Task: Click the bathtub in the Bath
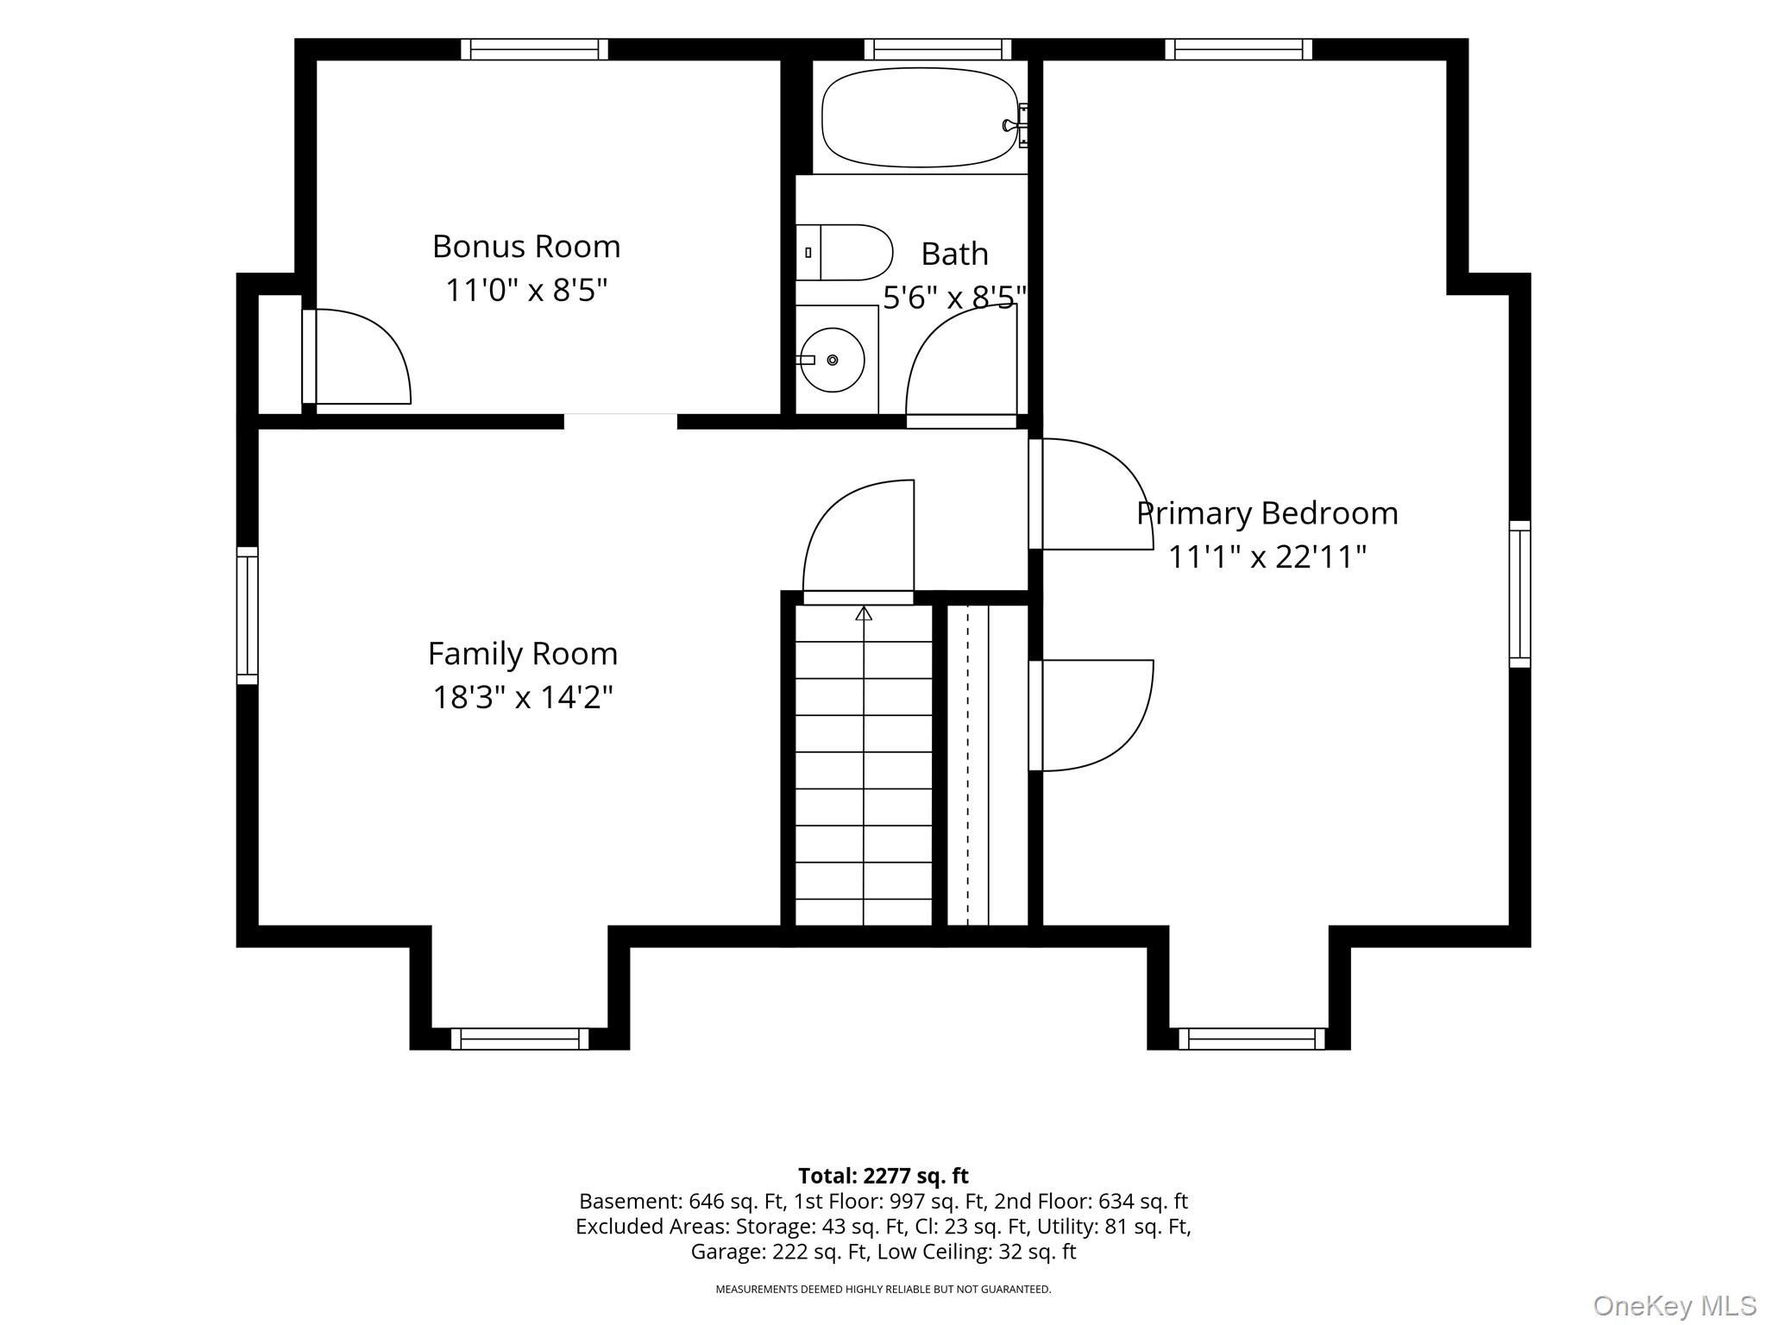(x=921, y=117)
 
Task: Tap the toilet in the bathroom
(x=844, y=253)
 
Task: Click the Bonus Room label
(x=526, y=247)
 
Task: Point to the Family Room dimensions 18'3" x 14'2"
(x=523, y=697)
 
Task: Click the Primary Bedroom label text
(x=1267, y=514)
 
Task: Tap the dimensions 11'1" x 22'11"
(x=1267, y=557)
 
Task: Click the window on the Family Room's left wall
(x=248, y=615)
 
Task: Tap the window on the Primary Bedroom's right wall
(x=1519, y=594)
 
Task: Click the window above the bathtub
(x=938, y=49)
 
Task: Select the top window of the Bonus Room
(x=534, y=49)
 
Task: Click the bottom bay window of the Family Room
(x=519, y=1039)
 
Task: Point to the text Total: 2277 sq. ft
(x=883, y=1176)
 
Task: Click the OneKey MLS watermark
(x=1675, y=1306)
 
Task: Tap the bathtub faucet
(x=1016, y=126)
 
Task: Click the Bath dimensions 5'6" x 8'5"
(x=955, y=298)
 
